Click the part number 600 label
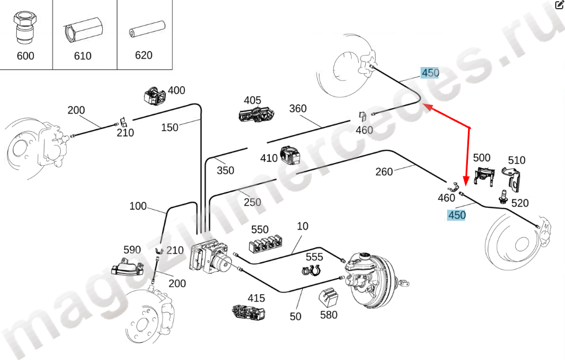25,56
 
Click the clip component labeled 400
155,95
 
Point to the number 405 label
252,101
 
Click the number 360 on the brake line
298,109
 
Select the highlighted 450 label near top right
430,73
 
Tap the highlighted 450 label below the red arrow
456,215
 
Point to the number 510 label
516,160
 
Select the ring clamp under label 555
311,270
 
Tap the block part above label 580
329,298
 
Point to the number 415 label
256,298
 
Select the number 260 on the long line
384,171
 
